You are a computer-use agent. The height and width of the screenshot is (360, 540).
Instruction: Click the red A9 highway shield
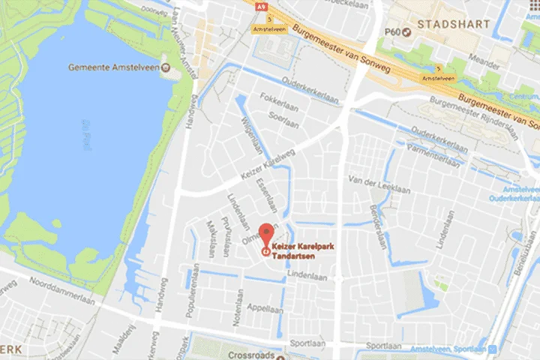pyautogui.click(x=261, y=7)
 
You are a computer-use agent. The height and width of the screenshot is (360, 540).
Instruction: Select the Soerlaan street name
pyautogui.click(x=275, y=116)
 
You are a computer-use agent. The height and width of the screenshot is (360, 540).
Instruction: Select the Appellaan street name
pyautogui.click(x=268, y=308)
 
